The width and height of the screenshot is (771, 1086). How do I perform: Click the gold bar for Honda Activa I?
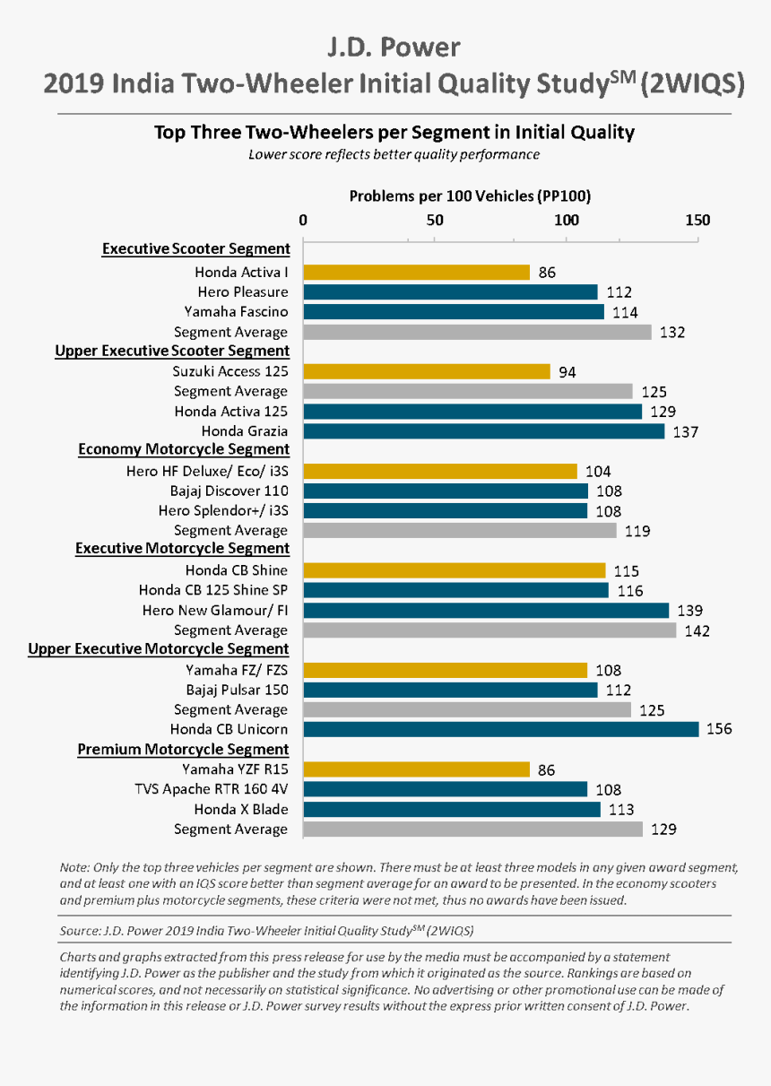click(417, 272)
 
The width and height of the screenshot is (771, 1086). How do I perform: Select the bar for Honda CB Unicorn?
click(501, 729)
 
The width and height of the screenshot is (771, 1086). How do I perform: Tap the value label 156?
click(719, 729)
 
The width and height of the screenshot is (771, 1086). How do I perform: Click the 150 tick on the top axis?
click(697, 220)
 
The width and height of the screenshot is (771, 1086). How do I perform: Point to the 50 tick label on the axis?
click(434, 220)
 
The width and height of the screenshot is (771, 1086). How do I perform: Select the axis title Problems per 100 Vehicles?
click(469, 195)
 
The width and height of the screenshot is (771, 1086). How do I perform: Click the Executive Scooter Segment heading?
click(195, 248)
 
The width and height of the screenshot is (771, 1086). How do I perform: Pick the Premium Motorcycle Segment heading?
click(183, 749)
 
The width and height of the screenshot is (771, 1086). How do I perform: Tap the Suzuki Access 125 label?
click(230, 371)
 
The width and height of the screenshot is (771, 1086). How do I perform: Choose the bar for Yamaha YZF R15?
click(417, 769)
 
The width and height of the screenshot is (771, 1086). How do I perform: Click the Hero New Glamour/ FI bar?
click(486, 611)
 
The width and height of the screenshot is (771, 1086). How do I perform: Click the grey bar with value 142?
click(489, 630)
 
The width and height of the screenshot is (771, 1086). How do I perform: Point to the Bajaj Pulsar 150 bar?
click(451, 690)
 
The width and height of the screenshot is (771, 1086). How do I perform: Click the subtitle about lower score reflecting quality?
click(394, 154)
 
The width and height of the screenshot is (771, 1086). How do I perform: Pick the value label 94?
click(567, 372)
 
